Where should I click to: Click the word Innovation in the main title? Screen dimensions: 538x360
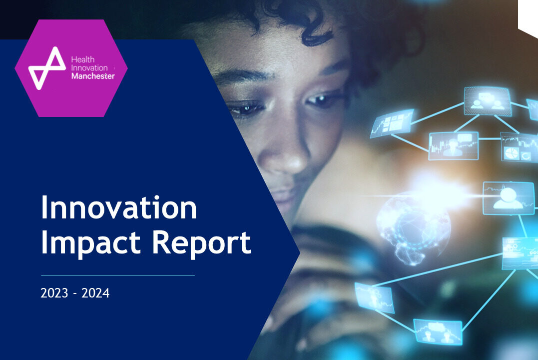point(119,207)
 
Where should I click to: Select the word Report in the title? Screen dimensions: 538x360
point(201,243)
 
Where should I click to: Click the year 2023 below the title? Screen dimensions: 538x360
point(54,293)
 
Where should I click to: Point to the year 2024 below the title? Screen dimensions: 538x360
point(95,293)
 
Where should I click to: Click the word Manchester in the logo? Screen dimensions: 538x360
point(93,76)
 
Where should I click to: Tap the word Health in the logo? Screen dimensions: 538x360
point(83,59)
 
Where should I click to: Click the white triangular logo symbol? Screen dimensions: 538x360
point(46,68)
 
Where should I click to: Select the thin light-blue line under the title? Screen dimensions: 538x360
point(118,275)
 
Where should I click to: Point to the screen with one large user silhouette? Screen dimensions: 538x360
point(509,198)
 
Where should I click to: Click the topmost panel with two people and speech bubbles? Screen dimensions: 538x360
point(487,101)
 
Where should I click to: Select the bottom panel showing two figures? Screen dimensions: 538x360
point(438,331)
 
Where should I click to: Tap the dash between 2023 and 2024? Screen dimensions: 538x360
point(75,293)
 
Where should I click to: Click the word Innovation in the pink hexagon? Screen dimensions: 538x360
point(89,67)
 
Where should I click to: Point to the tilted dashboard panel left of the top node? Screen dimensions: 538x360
point(392,123)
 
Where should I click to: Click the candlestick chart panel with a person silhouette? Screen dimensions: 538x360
point(453,146)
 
